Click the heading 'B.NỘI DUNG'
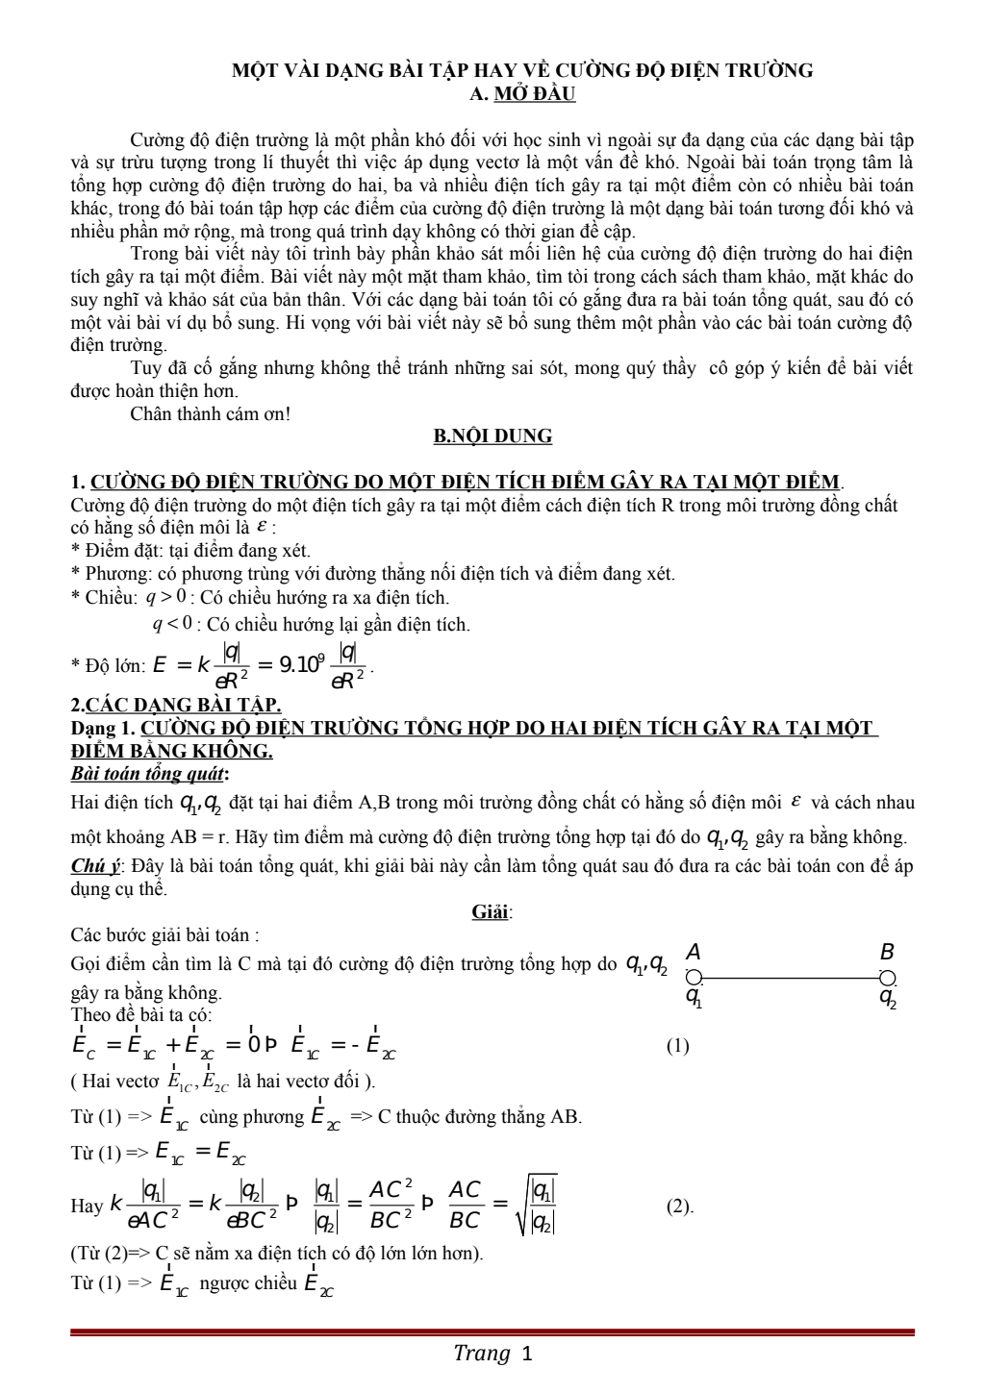pos(492,436)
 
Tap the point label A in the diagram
pos(693,953)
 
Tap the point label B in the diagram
pos(887,953)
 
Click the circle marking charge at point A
pos(695,979)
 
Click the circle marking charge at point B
pos(888,979)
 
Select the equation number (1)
pos(677,1046)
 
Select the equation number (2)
pos(679,1206)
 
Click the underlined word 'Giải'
pos(491,911)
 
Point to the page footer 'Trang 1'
pos(492,1355)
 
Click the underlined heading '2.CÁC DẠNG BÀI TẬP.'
pos(176,706)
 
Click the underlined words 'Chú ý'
pos(95,865)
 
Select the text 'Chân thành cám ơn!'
pos(210,414)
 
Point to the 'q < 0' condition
pos(173,624)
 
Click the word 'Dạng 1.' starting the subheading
pos(103,728)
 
